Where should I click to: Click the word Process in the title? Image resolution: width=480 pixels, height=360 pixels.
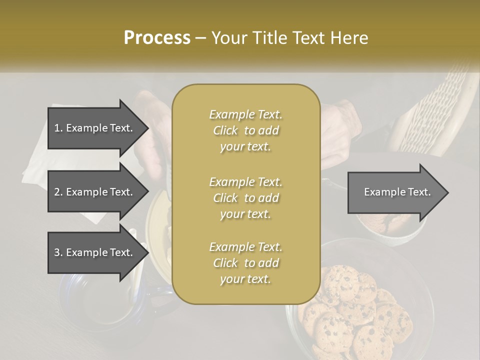pyautogui.click(x=157, y=38)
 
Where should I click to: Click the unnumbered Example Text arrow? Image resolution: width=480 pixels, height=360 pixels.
pyautogui.click(x=397, y=192)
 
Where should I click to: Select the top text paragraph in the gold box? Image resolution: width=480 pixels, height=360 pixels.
pyautogui.click(x=245, y=130)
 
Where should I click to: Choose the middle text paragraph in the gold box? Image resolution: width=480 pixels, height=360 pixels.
pyautogui.click(x=245, y=197)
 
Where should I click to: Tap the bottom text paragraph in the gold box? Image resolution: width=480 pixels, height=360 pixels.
pyautogui.click(x=245, y=263)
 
